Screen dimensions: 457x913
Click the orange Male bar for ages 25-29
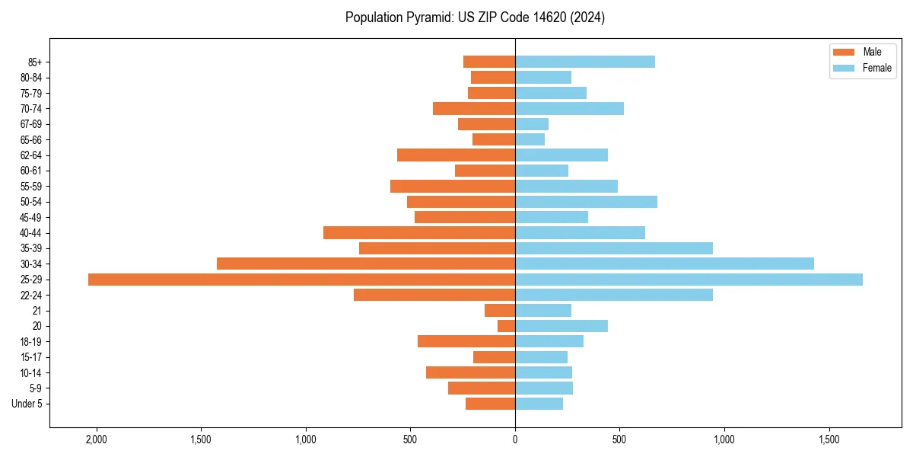point(301,280)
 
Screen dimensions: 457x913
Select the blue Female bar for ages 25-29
point(689,280)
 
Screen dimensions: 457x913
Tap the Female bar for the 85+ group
point(584,62)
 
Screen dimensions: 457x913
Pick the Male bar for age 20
point(506,326)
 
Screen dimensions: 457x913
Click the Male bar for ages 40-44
point(419,233)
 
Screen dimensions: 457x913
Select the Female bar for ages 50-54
point(586,202)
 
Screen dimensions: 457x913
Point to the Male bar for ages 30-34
point(366,264)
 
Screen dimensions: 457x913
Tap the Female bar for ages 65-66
point(530,139)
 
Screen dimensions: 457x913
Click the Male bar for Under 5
point(490,404)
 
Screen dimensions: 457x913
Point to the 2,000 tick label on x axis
point(97,439)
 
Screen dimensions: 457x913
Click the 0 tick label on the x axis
point(515,439)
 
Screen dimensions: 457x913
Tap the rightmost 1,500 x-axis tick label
point(829,439)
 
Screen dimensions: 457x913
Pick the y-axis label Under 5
point(27,404)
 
